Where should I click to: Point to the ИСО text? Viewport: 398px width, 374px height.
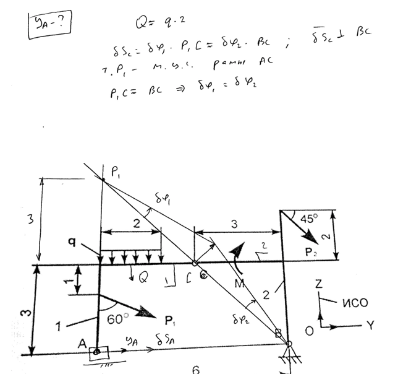click(x=357, y=304)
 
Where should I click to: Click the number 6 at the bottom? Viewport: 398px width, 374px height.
click(x=196, y=370)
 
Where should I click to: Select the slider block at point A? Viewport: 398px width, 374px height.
click(x=97, y=354)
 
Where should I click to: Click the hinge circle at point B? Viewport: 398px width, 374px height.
click(x=289, y=342)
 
